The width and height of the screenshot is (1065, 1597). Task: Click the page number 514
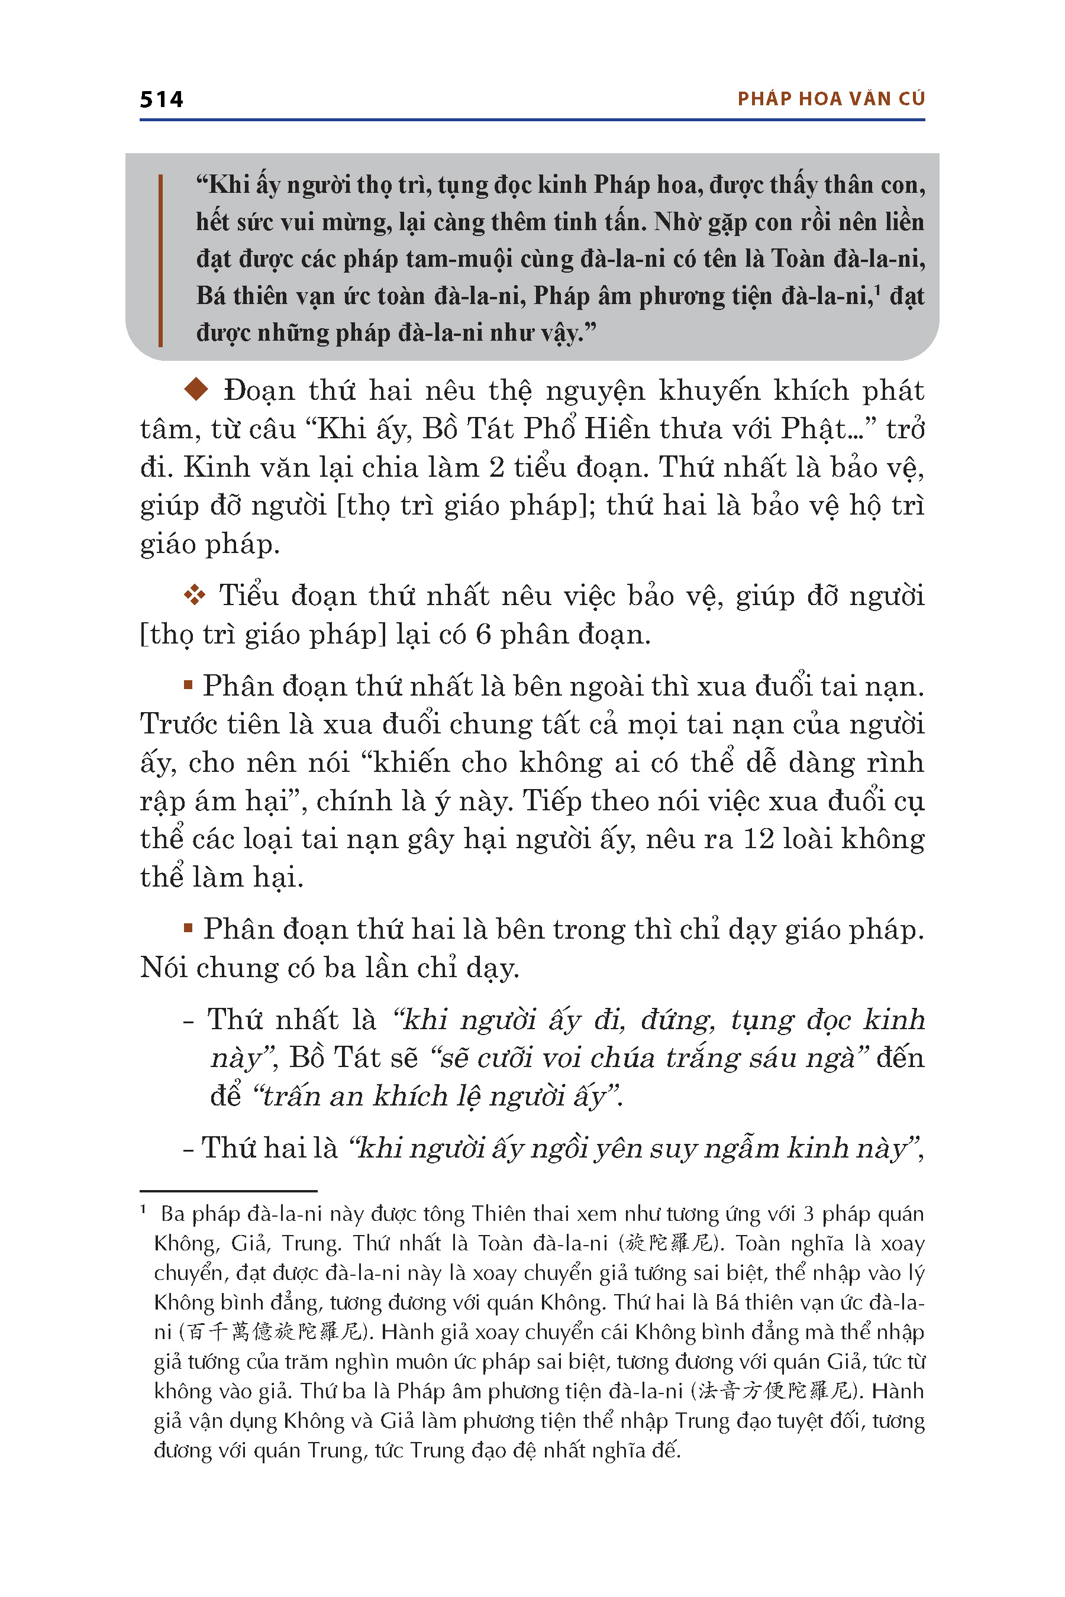[162, 100]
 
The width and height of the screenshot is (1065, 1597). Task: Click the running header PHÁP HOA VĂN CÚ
[831, 99]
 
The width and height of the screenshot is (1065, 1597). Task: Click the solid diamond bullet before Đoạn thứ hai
[196, 389]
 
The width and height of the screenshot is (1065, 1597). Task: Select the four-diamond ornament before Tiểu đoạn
[194, 596]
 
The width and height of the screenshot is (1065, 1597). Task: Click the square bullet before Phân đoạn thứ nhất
[188, 685]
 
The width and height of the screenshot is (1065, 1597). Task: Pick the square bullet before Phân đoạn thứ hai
[188, 928]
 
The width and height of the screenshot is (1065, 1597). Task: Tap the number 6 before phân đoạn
[483, 634]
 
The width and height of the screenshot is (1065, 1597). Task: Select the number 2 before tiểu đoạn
[496, 467]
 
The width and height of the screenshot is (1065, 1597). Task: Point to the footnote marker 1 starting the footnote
[143, 1210]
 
